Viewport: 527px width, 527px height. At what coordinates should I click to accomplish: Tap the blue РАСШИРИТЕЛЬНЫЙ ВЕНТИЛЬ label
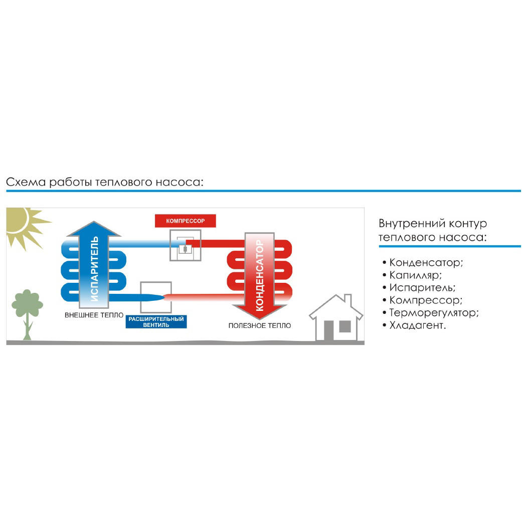coord(156,322)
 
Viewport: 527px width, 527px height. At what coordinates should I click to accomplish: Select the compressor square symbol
coord(185,245)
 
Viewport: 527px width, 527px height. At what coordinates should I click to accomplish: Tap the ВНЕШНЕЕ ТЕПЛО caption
coord(94,315)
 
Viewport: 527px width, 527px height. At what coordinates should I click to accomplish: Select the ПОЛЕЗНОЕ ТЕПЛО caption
coord(259,326)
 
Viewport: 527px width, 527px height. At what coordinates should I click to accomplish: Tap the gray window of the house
coord(345,326)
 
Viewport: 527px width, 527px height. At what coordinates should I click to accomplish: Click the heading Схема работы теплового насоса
coord(105,182)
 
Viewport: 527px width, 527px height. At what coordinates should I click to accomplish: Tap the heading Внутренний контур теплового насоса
coord(433,230)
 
